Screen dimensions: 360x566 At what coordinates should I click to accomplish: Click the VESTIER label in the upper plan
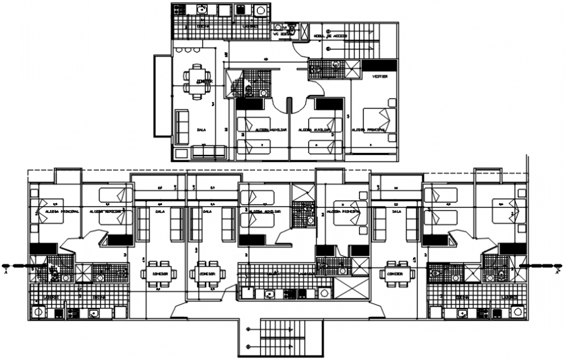[x=380, y=76]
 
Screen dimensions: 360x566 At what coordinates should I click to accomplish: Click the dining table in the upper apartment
[x=196, y=81]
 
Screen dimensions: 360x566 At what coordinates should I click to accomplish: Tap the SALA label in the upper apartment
[x=202, y=130]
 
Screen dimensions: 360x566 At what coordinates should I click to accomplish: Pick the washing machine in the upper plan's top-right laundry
[x=261, y=11]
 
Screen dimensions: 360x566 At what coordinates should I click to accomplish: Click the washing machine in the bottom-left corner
[x=39, y=313]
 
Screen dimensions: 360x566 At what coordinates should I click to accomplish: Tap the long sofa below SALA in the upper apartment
[x=209, y=152]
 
